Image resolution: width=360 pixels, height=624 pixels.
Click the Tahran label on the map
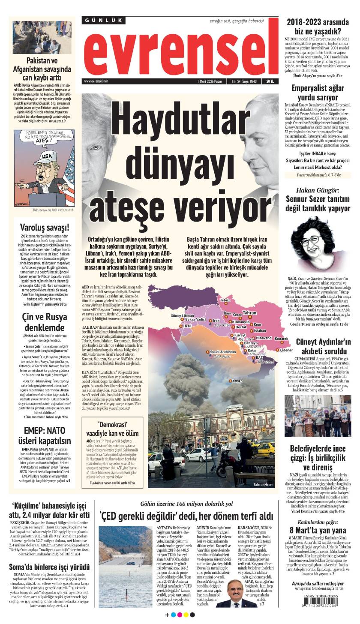pos(249,313)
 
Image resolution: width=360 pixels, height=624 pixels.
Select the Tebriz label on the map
pos(225,300)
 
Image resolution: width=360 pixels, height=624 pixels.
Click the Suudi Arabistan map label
pos(223,363)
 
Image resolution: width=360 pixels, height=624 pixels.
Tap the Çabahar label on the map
pos(286,362)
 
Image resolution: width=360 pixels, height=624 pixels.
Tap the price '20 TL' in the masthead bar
pos(270,81)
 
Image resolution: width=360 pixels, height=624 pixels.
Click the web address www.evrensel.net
pos(96,81)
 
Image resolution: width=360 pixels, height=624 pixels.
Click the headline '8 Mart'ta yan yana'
pos(318,530)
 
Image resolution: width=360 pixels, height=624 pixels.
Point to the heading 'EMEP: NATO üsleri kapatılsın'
pos(45,435)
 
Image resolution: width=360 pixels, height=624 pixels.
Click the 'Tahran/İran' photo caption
pos(263,484)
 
